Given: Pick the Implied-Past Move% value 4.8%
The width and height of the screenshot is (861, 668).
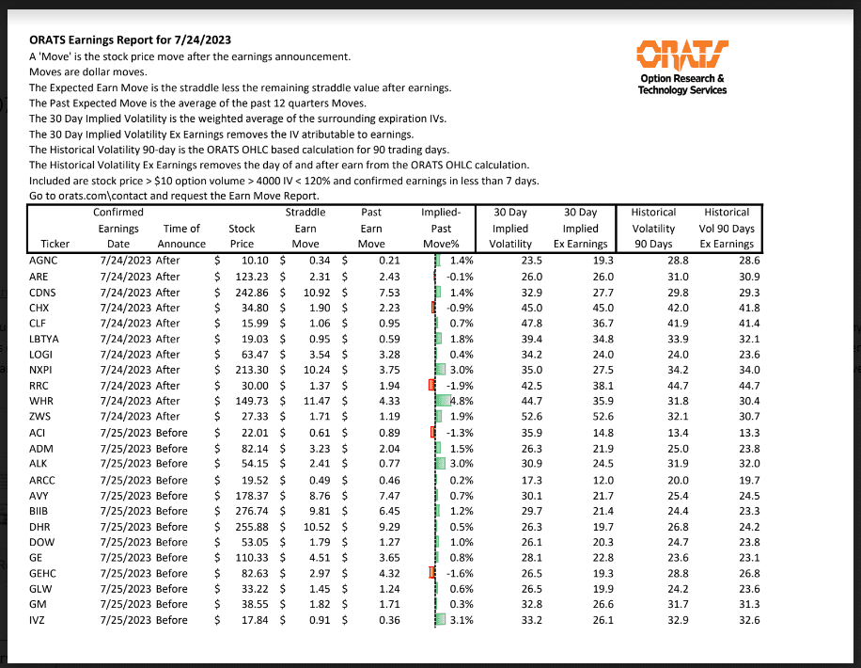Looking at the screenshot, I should tap(458, 400).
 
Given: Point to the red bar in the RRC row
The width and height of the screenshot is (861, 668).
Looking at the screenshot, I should tap(431, 385).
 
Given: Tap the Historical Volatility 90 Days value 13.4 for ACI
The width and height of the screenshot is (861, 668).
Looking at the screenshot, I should tap(664, 432).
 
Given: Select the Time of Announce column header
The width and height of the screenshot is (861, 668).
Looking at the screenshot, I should tap(181, 236).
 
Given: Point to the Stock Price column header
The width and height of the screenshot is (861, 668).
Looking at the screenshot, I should tap(242, 236).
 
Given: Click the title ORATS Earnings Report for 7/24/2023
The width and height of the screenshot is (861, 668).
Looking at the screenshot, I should tap(131, 41).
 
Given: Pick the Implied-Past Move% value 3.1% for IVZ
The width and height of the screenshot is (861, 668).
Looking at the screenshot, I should tap(458, 619).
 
